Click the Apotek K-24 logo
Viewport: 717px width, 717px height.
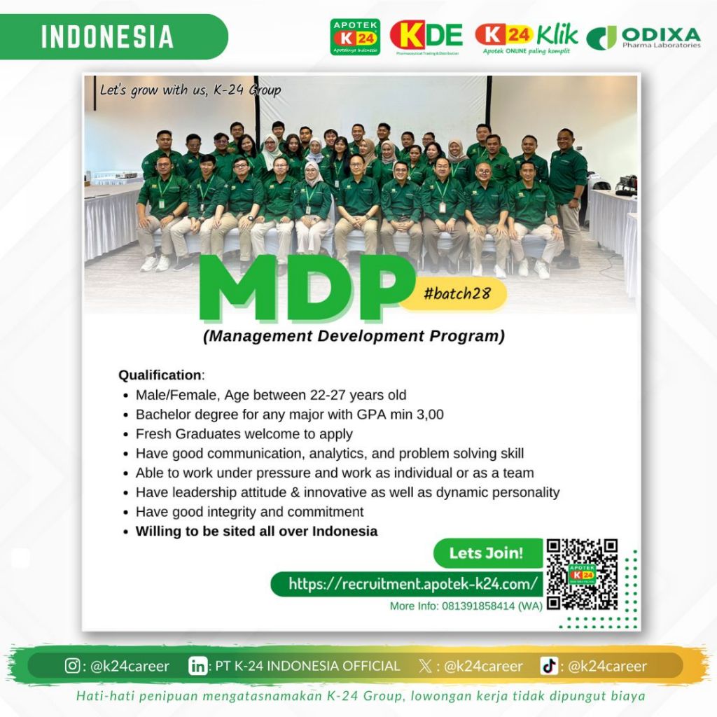(355, 37)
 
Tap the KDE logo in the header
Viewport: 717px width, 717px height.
(426, 36)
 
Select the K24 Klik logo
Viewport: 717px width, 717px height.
(527, 37)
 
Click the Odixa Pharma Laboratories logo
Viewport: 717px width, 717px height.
(643, 37)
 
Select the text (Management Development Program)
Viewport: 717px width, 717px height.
(354, 336)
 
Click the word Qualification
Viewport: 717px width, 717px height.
(160, 375)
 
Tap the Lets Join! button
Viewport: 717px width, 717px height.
(486, 553)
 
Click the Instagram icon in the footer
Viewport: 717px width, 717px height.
(72, 666)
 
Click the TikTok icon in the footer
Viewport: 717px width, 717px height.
(549, 666)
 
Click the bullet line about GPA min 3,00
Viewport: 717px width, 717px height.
(290, 415)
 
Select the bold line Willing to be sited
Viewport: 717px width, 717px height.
(256, 531)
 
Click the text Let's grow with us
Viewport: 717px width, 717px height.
(190, 90)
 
